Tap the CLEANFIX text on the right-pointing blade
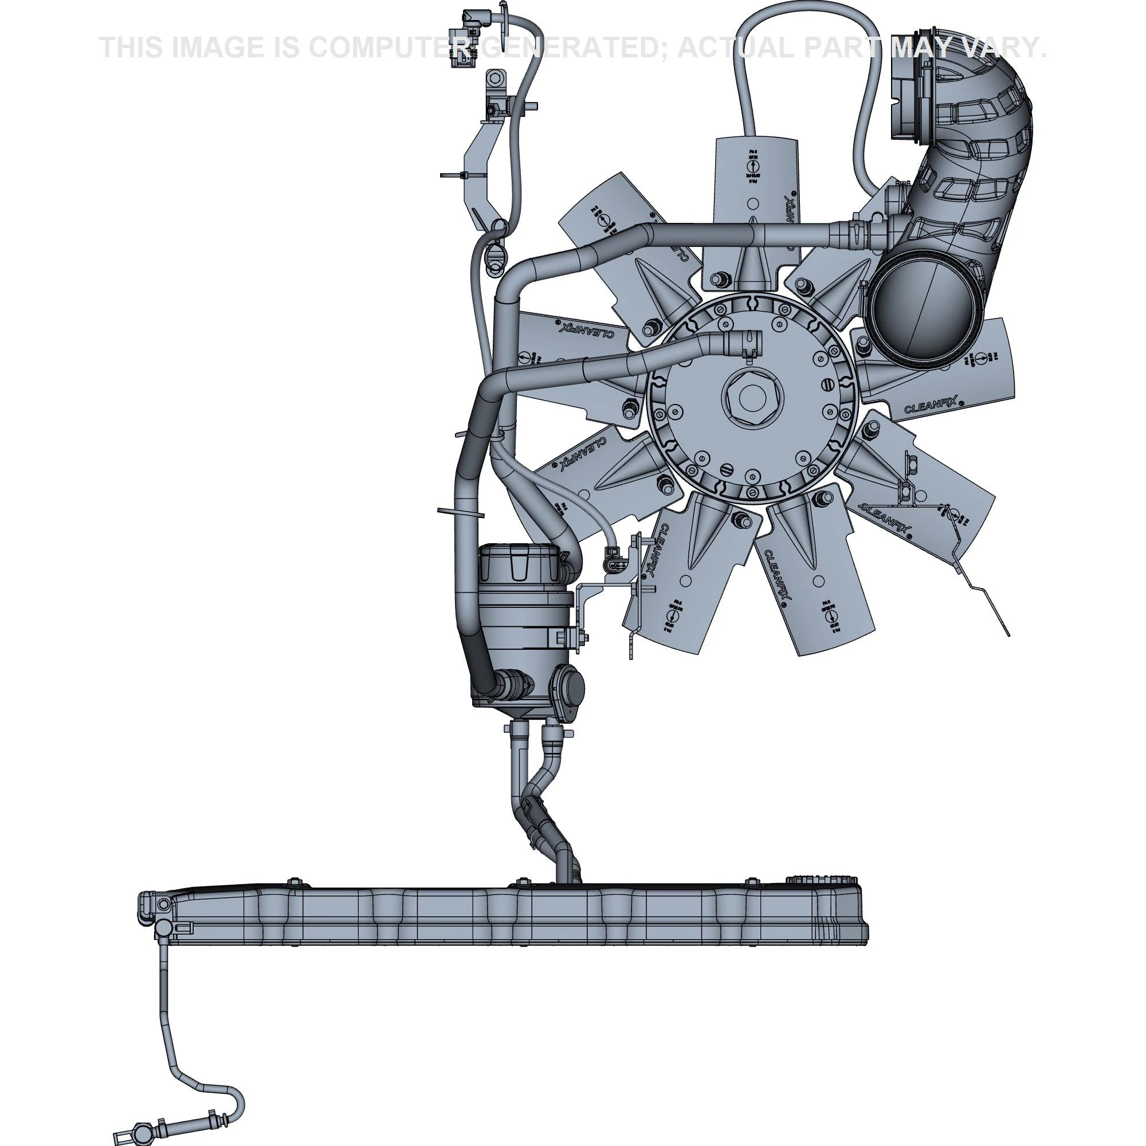tap(929, 405)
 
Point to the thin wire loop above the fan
tap(807, 23)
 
